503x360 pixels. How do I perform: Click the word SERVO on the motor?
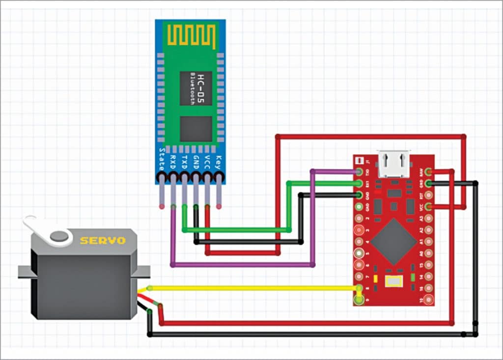coord(103,241)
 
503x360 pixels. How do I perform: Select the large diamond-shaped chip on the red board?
coord(393,241)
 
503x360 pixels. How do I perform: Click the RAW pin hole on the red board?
coord(429,171)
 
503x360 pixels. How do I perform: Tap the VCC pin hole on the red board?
coord(429,207)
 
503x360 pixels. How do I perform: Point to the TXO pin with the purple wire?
coord(360,172)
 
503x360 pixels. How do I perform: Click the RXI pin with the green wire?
coord(360,183)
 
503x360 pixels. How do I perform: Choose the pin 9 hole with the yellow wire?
coord(359,288)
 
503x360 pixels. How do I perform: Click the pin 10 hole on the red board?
coord(429,300)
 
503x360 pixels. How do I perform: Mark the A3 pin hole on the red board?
coord(429,218)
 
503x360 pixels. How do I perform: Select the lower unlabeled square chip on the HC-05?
coord(196,129)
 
